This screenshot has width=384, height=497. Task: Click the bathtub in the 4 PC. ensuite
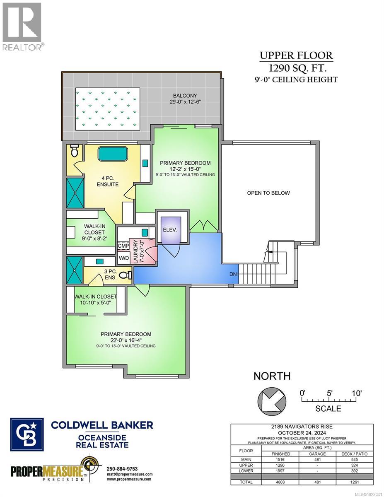(x=113, y=154)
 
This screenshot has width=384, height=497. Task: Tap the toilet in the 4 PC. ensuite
(x=75, y=151)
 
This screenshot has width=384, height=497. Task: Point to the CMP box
(x=123, y=246)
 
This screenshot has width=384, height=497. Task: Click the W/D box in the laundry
(x=123, y=258)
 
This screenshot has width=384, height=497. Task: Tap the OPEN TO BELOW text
(x=268, y=193)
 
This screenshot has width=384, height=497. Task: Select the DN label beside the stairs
(x=234, y=274)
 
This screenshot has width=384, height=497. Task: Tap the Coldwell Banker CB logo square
(x=27, y=433)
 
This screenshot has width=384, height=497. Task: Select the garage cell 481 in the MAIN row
(x=317, y=460)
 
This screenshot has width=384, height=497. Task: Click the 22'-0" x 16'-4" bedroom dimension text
(x=126, y=340)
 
